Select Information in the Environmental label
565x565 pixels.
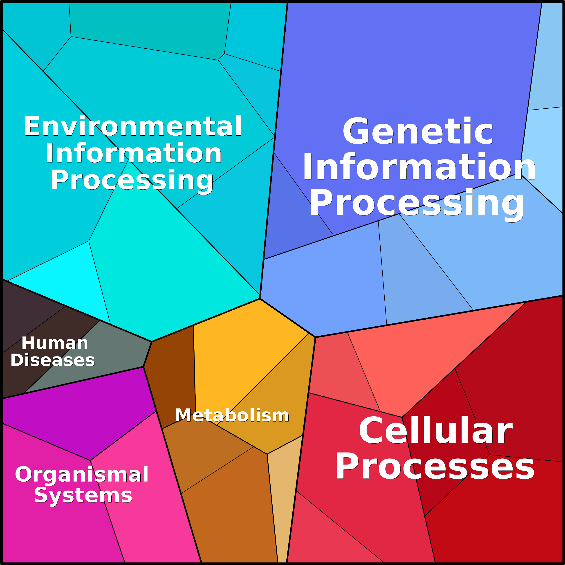pyautogui.click(x=134, y=153)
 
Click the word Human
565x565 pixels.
pyautogui.click(x=55, y=343)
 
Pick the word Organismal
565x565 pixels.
pyautogui.click(x=82, y=474)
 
